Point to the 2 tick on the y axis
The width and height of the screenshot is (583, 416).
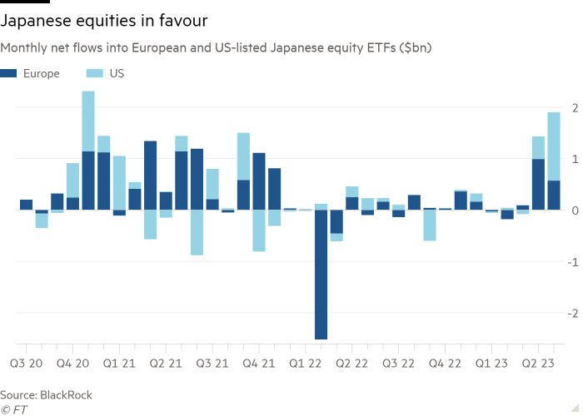click(573, 107)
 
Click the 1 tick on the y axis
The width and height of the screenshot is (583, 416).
click(573, 159)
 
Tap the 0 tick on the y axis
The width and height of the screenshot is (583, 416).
click(573, 210)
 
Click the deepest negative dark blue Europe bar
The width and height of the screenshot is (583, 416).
click(321, 275)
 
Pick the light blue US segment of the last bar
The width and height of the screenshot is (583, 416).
click(553, 146)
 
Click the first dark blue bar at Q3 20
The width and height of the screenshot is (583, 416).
click(26, 204)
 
